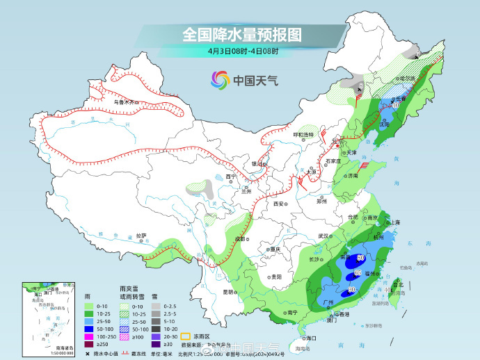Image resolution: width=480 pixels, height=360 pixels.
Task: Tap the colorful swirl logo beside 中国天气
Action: point(219,80)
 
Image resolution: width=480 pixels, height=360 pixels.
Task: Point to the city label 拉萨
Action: point(141,235)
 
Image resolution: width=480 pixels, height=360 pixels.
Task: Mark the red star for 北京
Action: point(335,144)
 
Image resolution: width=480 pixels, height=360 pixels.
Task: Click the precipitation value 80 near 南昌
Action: point(360,258)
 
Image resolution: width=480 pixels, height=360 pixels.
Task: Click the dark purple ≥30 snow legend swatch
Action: point(157,343)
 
